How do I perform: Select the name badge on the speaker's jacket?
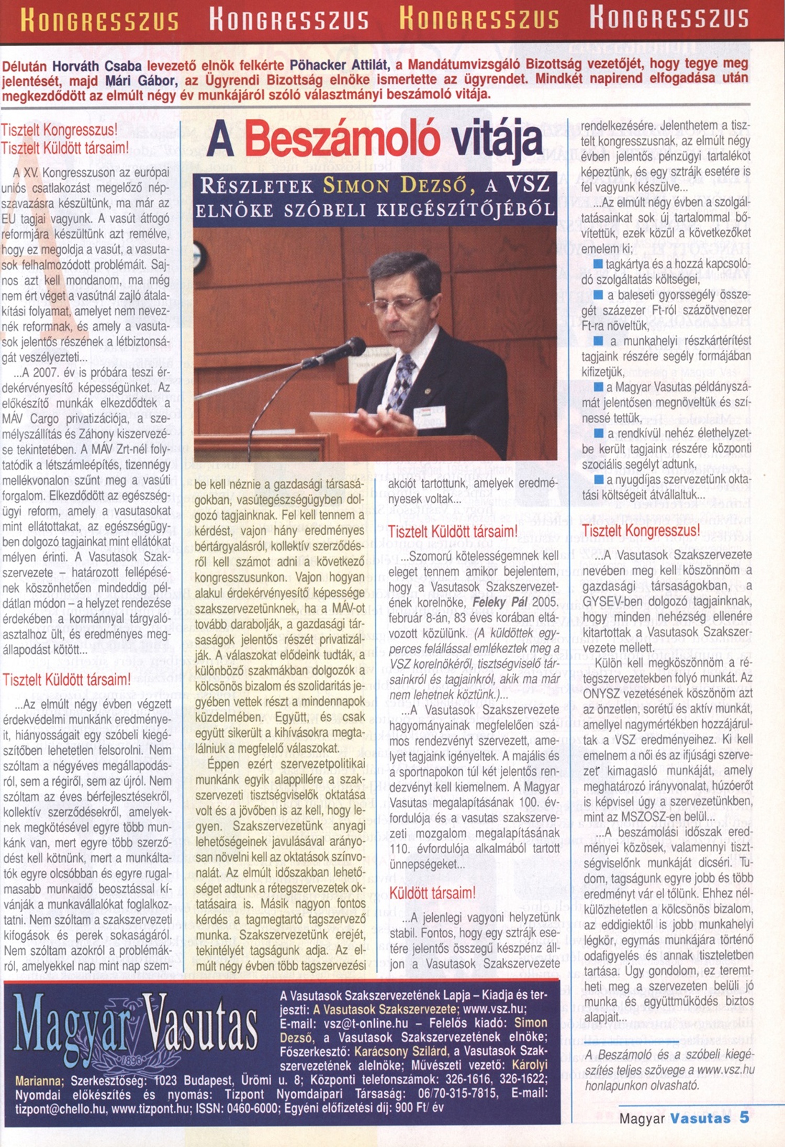click(430, 416)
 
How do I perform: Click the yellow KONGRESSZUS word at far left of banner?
click(99, 20)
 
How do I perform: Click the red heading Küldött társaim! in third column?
click(432, 894)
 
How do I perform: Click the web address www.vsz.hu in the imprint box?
click(495, 1009)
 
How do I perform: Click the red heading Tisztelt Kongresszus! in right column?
click(641, 531)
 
